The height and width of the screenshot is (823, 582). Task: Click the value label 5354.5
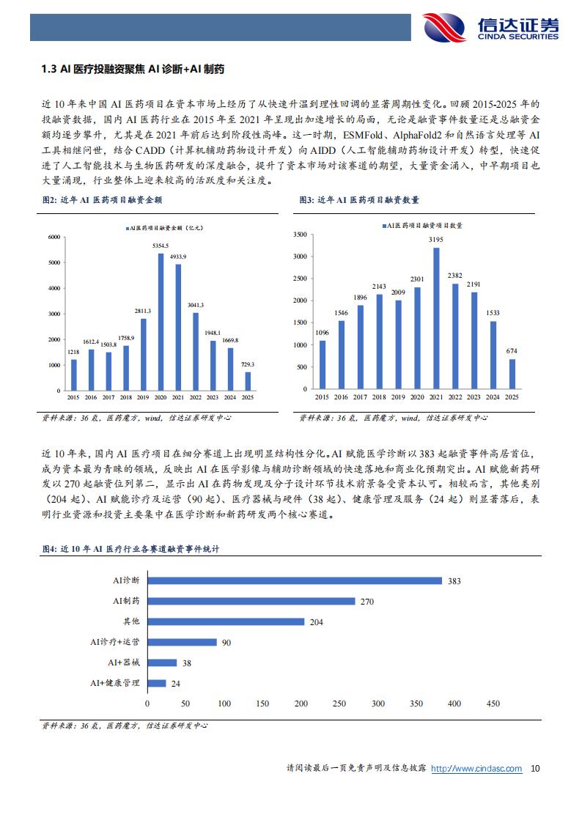161,246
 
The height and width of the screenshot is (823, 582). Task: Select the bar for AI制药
251,601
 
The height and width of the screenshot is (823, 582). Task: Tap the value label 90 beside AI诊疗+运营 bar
226,642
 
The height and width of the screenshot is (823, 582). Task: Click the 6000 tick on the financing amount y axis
52,237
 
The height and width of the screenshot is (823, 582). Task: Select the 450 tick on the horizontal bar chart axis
493,704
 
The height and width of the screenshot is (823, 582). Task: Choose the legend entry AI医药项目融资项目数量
425,226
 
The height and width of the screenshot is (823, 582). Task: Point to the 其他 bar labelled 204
225,621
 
